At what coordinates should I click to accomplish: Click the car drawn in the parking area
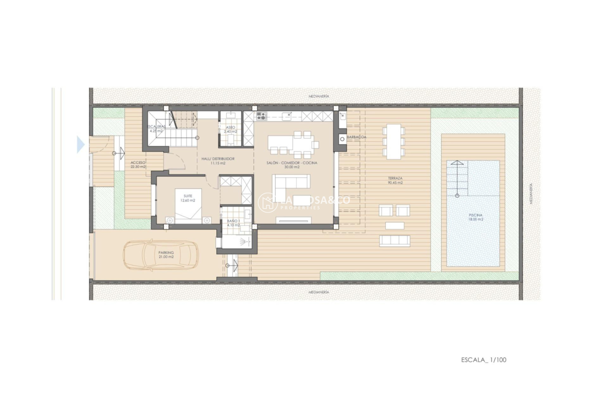(x=161, y=255)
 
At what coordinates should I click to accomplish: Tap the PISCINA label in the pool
(x=476, y=217)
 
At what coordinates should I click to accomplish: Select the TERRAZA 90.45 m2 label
(x=395, y=180)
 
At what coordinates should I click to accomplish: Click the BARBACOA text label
(x=357, y=137)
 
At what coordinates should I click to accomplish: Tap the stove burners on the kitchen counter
(x=261, y=116)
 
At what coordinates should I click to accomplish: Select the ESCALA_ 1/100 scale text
(x=484, y=360)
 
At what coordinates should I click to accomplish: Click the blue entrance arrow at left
(x=81, y=145)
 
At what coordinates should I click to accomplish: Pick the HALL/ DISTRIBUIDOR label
(x=218, y=161)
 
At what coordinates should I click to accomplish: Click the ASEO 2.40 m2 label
(x=231, y=129)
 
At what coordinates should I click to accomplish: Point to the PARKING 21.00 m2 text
(x=166, y=255)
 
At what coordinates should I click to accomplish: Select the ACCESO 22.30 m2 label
(x=138, y=165)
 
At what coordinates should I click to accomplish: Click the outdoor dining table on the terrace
(x=394, y=141)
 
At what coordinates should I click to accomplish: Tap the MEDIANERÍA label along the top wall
(x=319, y=96)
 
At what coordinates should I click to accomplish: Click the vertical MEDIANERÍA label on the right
(x=531, y=194)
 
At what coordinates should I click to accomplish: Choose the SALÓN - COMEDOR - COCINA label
(x=292, y=165)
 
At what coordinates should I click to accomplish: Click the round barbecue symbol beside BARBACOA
(x=342, y=139)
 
